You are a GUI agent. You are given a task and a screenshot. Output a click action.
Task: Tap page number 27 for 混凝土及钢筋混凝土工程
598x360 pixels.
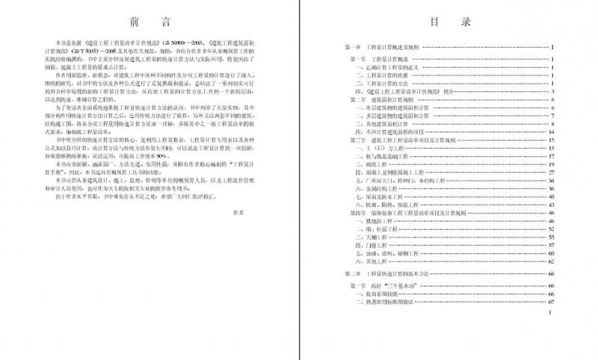pyautogui.click(x=549, y=173)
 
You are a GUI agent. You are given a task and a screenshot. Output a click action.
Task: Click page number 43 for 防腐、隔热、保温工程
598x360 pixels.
pyautogui.click(x=549, y=205)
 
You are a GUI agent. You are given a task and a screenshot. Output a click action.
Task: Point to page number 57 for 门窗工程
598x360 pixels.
pyautogui.click(x=549, y=245)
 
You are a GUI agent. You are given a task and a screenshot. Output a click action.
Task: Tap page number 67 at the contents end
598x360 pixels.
pyautogui.click(x=549, y=302)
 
